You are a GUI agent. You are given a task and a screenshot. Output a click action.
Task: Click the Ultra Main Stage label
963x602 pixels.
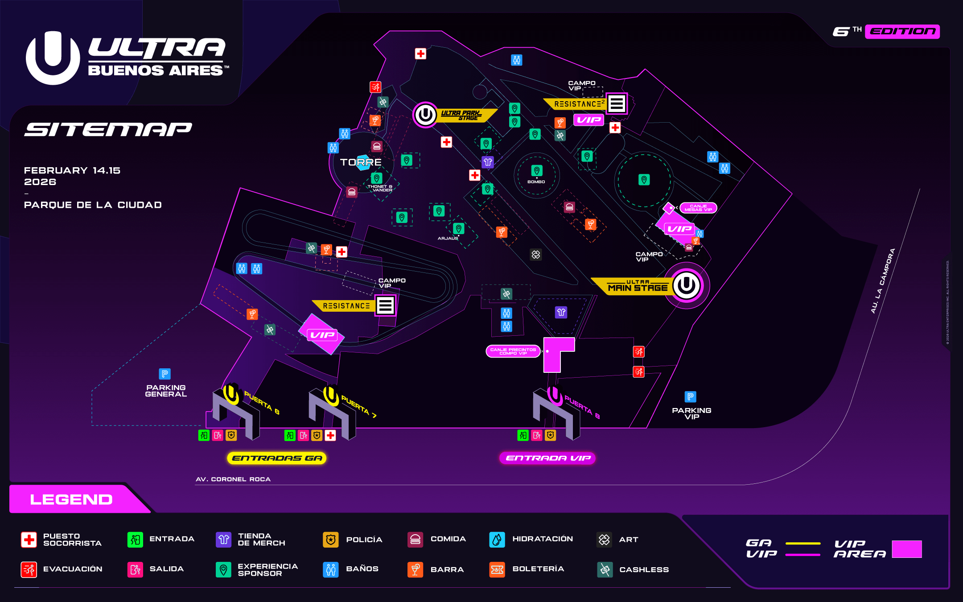click(638, 286)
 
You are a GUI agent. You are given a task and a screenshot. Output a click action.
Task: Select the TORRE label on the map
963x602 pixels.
click(361, 162)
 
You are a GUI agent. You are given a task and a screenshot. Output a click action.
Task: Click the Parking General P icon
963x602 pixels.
click(165, 374)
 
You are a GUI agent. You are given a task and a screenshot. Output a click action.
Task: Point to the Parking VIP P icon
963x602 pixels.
click(690, 396)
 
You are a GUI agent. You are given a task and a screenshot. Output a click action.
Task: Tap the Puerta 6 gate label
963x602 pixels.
click(262, 402)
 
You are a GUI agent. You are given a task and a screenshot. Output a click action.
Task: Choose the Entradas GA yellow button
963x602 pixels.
click(277, 458)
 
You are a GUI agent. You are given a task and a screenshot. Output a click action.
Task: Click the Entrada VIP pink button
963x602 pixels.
click(548, 458)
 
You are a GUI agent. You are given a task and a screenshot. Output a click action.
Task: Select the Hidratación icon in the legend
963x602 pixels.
click(497, 540)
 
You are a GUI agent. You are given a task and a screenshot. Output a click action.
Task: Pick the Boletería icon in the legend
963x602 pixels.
click(497, 569)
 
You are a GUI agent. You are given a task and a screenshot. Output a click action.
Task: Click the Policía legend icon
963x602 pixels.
click(330, 540)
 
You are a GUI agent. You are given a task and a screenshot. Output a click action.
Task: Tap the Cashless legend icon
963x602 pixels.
click(605, 569)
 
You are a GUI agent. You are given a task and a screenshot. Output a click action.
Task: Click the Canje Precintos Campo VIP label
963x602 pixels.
click(513, 351)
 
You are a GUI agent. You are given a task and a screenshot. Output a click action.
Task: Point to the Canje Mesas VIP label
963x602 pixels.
click(698, 208)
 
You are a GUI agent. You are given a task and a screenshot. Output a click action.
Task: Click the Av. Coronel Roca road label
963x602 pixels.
click(233, 479)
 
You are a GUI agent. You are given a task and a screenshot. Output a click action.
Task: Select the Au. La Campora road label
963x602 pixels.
click(883, 281)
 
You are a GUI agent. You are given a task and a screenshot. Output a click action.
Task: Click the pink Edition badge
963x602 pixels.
click(902, 32)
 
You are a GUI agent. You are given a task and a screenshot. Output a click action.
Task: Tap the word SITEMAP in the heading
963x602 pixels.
click(108, 129)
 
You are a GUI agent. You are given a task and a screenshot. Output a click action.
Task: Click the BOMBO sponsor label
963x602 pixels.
click(536, 182)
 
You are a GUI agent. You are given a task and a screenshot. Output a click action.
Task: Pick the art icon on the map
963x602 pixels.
click(535, 255)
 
